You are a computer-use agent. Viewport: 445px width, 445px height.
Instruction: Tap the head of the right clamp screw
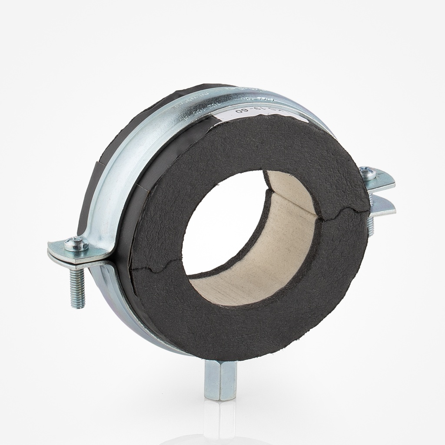click(x=369, y=174)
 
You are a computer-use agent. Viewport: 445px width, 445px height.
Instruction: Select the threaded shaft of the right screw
click(x=370, y=226)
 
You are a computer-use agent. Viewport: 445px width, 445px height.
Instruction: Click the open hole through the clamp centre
click(x=217, y=226)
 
